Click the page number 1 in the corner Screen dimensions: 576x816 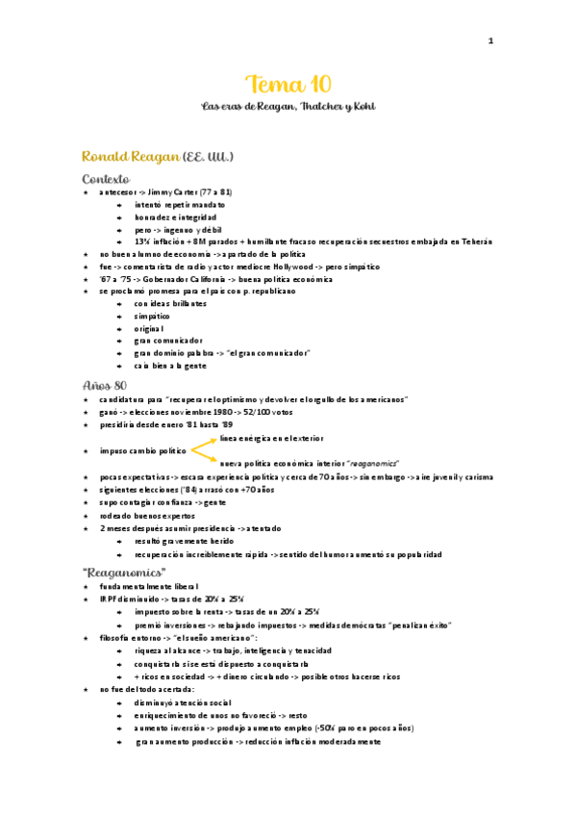pos(489,40)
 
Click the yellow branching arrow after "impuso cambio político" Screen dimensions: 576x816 pos(205,447)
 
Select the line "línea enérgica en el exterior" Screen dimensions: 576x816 pos(273,438)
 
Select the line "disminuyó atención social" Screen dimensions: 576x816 pos(183,703)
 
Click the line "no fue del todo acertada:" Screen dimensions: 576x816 pos(146,690)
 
